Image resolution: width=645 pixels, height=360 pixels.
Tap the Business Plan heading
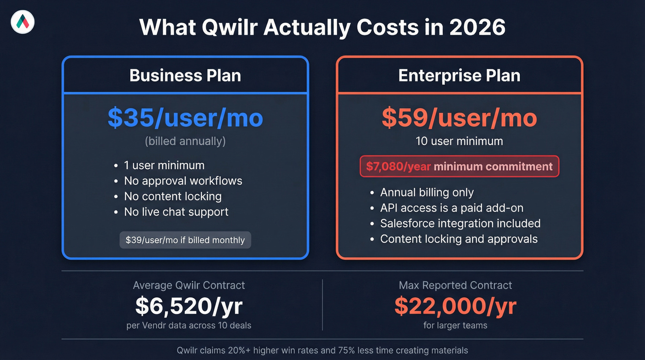point(185,76)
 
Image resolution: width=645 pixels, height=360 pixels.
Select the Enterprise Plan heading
point(459,76)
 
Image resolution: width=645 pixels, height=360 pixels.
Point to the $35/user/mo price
point(185,118)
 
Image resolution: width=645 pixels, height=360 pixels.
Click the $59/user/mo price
point(459,118)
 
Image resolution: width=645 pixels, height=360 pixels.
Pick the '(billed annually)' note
point(185,141)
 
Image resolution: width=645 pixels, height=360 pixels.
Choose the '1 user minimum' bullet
point(164,165)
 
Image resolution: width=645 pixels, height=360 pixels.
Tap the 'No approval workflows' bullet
point(183,181)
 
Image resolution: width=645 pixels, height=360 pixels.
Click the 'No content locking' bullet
point(173,196)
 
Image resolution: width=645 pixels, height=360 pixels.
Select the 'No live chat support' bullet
point(176,212)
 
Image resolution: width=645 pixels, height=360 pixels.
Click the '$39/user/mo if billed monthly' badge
point(185,240)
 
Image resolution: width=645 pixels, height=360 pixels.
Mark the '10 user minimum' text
point(459,141)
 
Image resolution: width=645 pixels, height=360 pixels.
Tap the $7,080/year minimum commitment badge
point(459,166)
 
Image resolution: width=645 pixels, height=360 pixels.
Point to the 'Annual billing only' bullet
point(427,192)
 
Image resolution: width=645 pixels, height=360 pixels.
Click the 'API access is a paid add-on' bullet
point(451,208)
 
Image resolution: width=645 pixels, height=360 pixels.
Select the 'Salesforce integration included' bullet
point(460,224)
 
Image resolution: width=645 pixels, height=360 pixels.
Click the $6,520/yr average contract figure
point(189,306)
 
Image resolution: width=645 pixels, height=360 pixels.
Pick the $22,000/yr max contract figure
point(455,306)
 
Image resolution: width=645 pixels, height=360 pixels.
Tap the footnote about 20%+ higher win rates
point(322,350)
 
